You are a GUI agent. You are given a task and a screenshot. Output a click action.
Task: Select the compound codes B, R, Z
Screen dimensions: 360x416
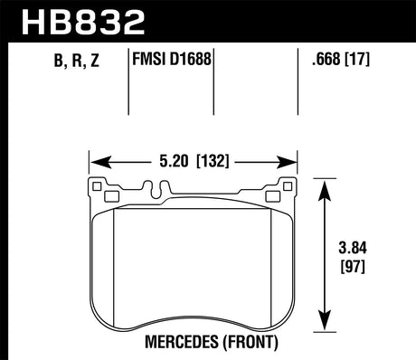[52, 63]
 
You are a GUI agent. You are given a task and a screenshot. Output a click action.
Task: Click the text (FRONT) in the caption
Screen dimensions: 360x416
[243, 343]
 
